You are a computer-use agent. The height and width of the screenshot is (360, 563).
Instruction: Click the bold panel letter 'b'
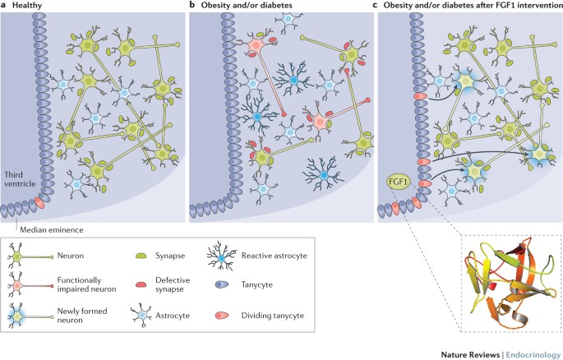pyautogui.click(x=192, y=6)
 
